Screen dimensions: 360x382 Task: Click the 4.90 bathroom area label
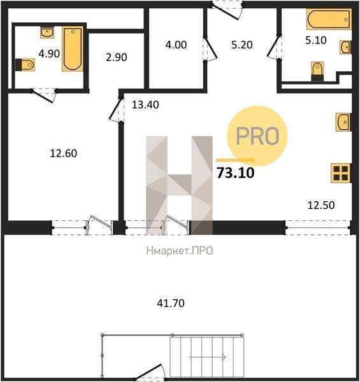click(49, 53)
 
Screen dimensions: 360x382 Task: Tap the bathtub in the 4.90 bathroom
click(73, 49)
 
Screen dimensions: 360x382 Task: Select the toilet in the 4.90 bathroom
click(25, 65)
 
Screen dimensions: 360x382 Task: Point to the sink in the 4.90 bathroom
click(47, 32)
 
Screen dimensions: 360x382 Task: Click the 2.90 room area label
click(116, 57)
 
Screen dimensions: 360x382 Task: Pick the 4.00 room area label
click(176, 45)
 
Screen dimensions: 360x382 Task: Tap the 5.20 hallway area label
click(241, 45)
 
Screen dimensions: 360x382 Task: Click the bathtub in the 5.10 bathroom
click(329, 19)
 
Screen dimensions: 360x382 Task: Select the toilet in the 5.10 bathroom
click(317, 71)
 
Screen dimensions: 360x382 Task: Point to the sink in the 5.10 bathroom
click(346, 47)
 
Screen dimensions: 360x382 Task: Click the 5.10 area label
click(316, 40)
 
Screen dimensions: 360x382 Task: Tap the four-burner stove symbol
click(341, 173)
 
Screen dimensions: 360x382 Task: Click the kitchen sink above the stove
click(343, 122)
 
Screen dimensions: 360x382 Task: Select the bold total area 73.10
click(236, 173)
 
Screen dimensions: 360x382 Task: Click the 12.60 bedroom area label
click(63, 153)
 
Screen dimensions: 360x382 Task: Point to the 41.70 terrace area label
click(171, 303)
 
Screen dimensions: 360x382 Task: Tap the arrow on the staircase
click(206, 357)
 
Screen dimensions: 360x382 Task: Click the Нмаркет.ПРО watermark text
click(180, 251)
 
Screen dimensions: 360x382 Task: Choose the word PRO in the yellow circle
click(257, 136)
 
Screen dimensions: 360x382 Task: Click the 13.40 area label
click(145, 105)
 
